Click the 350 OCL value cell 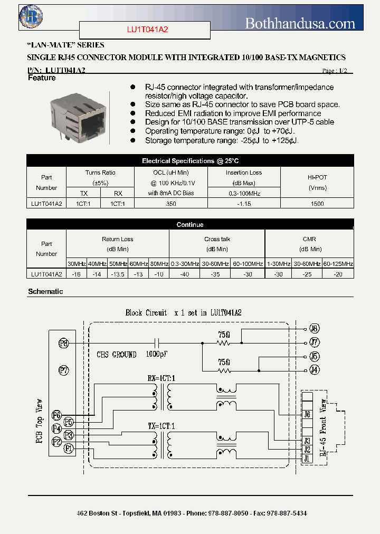(171, 203)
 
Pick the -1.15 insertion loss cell (243, 203)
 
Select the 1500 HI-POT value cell (317, 203)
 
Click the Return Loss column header (117, 239)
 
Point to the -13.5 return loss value (118, 274)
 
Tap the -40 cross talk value (184, 274)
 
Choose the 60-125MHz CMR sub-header (338, 263)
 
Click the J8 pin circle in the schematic (314, 328)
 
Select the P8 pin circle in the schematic (64, 343)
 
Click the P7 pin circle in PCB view (64, 370)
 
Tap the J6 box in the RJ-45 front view (307, 415)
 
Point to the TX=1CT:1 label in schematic (161, 425)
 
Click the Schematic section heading (45, 291)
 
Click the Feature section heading (41, 78)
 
